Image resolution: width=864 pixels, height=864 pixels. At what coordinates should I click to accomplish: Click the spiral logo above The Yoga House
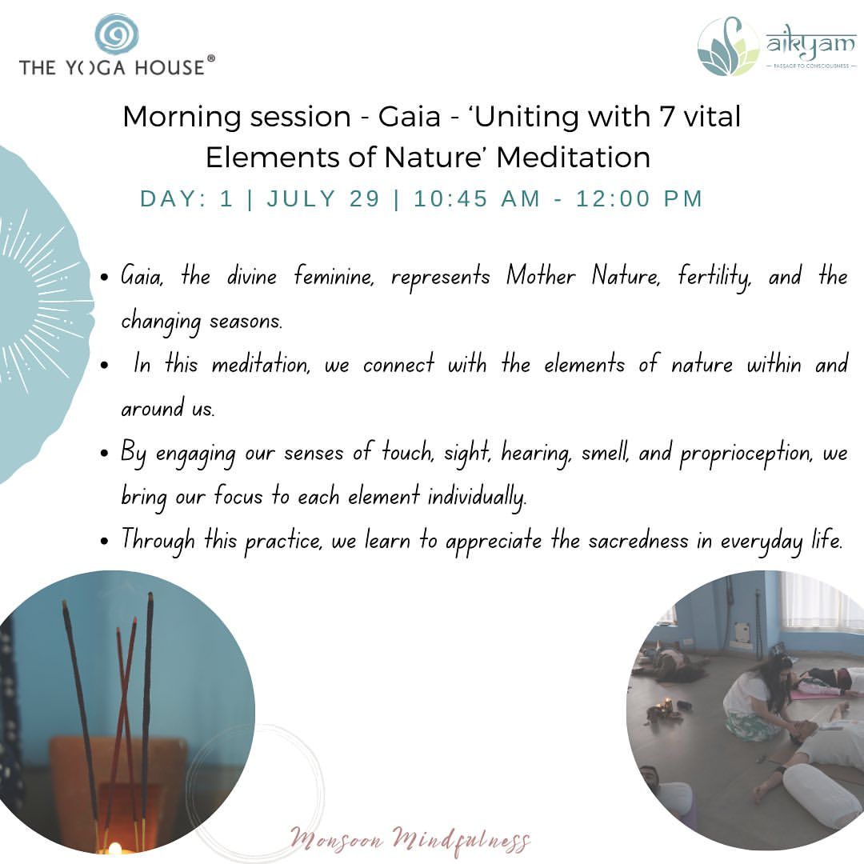116,34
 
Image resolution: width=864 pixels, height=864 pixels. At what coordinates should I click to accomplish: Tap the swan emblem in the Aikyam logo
729,47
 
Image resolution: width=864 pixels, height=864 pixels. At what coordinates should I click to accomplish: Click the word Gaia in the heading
410,117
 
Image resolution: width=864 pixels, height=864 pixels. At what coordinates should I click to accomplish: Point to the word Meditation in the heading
573,158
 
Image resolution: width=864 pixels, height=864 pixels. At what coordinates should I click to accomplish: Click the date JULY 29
323,199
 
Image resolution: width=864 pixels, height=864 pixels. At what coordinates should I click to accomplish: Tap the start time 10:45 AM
477,199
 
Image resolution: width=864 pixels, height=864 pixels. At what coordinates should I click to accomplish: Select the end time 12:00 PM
639,199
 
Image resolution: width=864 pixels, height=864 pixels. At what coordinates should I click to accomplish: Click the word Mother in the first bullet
541,275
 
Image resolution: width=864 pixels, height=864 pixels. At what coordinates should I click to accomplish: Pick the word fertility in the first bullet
714,277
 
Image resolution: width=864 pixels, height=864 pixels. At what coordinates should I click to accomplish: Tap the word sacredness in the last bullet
638,541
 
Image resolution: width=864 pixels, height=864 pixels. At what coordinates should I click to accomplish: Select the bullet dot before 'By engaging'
105,454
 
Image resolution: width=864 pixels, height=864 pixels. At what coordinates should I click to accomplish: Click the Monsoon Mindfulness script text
410,840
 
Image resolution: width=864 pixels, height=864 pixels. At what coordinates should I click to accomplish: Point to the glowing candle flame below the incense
114,848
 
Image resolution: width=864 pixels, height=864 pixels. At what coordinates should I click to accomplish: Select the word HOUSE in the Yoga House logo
170,68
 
